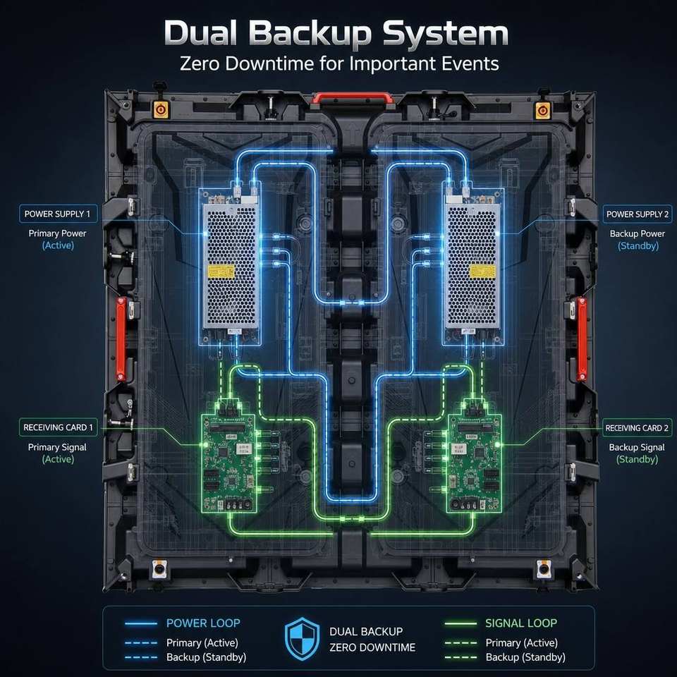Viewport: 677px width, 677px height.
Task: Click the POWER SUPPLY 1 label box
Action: (x=59, y=214)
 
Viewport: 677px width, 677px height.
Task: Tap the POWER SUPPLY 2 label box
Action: (x=638, y=214)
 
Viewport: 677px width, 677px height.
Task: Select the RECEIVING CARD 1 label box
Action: (x=59, y=427)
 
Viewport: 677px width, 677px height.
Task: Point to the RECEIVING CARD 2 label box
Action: (x=637, y=428)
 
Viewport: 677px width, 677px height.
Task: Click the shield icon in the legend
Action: (x=303, y=639)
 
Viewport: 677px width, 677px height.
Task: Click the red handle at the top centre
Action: (x=353, y=99)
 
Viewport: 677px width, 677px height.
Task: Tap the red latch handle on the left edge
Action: (x=121, y=339)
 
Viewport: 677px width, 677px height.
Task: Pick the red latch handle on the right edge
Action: (x=582, y=339)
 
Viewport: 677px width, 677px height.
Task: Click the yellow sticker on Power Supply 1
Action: (x=221, y=272)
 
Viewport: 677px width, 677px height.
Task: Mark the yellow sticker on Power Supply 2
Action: (x=482, y=271)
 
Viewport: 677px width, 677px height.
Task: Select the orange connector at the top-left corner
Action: (x=161, y=110)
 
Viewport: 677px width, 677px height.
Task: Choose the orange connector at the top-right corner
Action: (x=542, y=111)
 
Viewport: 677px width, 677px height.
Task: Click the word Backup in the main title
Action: (x=310, y=34)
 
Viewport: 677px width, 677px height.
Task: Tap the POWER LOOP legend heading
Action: (x=203, y=623)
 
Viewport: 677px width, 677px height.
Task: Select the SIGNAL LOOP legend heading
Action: (x=521, y=623)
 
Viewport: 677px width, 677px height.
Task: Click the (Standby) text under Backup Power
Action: (x=638, y=246)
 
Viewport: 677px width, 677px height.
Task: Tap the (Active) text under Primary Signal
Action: (x=59, y=459)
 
